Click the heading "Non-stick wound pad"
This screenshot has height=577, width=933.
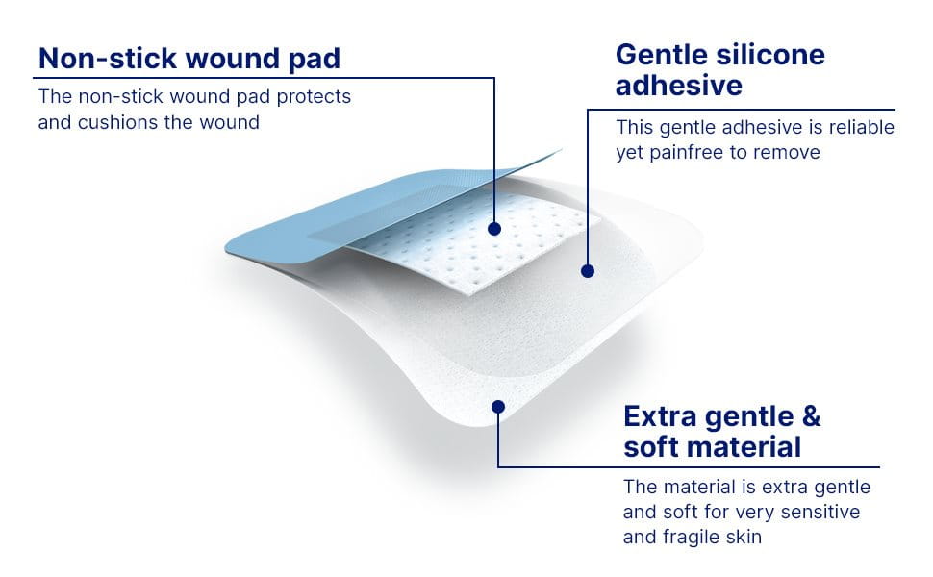189,58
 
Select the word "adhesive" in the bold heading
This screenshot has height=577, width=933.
679,86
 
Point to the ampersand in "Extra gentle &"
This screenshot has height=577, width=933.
811,417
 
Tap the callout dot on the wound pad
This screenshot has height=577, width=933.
494,229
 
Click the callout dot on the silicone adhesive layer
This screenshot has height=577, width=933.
588,271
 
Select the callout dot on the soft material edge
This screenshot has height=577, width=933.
497,406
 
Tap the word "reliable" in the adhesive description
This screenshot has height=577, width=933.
860,127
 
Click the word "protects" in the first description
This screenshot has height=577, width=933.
315,97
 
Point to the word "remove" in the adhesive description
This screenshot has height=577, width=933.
788,152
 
